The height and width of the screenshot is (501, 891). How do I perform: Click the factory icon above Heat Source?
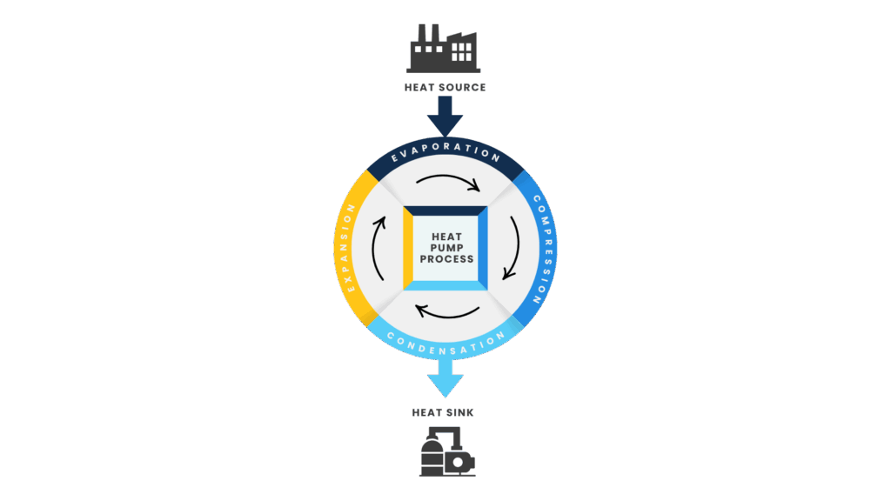[x=443, y=49]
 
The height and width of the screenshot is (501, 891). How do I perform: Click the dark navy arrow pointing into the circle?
[x=445, y=117]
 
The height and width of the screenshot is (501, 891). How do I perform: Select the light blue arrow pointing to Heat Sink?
[x=445, y=378]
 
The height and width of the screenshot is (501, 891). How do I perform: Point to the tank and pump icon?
[x=447, y=451]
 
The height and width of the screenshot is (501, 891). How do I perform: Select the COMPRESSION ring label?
[x=543, y=249]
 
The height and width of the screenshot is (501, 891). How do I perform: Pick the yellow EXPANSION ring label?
[x=346, y=248]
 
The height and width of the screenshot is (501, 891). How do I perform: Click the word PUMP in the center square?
[x=446, y=248]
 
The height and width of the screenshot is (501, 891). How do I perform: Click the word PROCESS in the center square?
[x=446, y=259]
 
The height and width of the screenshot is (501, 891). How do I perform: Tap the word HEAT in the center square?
[x=446, y=237]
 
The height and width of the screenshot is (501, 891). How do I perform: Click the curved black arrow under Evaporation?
[x=448, y=177]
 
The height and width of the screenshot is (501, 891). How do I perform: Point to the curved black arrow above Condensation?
[x=447, y=316]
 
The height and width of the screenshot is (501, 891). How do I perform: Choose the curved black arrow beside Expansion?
[x=374, y=248]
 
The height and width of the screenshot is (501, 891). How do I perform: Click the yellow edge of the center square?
[x=408, y=248]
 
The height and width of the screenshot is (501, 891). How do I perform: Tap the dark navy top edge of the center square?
[x=445, y=210]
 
